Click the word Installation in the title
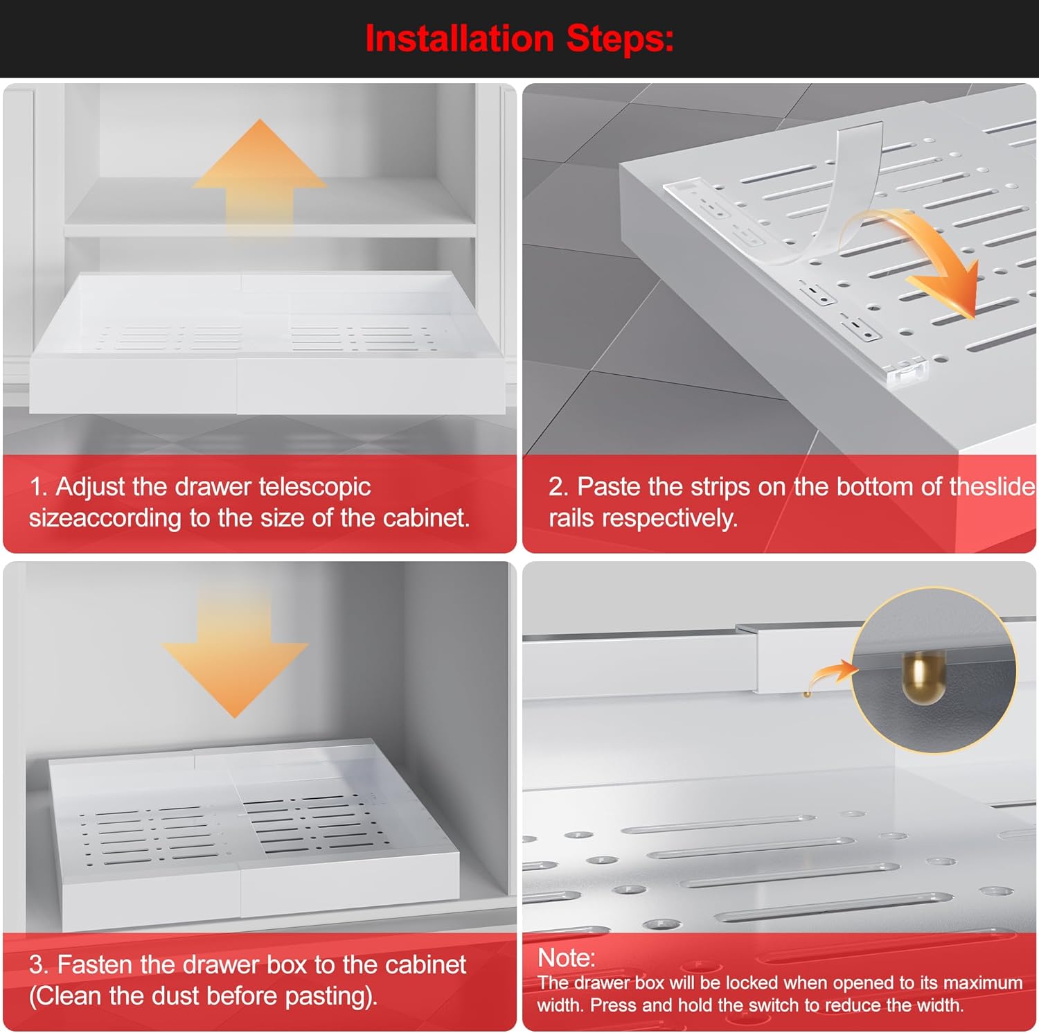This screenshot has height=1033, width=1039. point(459,38)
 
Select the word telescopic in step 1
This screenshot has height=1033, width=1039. point(314,486)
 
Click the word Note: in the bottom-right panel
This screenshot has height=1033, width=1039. point(567,957)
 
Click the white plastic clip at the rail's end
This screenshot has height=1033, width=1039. point(906,373)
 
